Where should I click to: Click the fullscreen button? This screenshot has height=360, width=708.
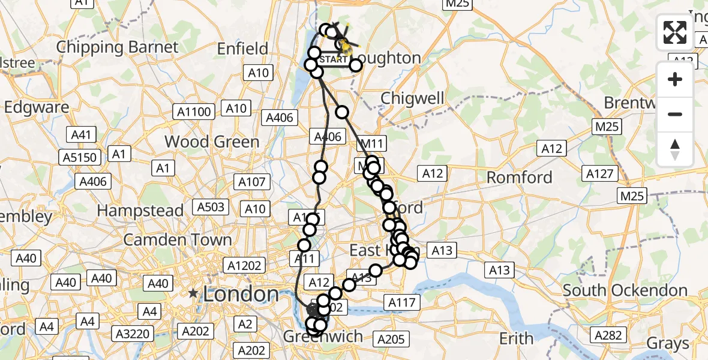coord(675,32)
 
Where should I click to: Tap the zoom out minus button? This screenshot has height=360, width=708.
coord(675,114)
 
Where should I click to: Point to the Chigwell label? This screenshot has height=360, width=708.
coord(412,98)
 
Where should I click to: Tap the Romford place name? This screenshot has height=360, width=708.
coord(519,178)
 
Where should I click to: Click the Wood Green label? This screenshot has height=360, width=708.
coord(212,142)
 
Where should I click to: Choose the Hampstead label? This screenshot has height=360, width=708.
coord(140,211)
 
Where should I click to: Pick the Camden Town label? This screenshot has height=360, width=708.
coord(178,240)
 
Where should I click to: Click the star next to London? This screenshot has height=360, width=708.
coord(193,294)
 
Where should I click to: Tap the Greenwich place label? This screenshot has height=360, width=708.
coord(323,337)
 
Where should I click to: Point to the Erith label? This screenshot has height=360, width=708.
coord(516,339)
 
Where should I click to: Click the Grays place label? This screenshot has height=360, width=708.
coord(668,344)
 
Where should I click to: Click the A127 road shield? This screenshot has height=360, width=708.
coord(600,174)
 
